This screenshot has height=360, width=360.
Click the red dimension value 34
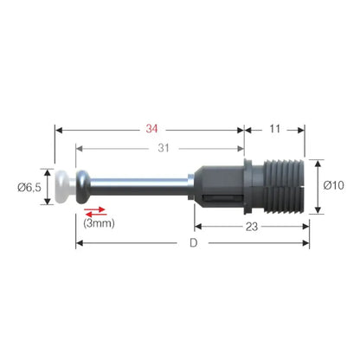151,129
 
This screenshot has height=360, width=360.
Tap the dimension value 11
274,129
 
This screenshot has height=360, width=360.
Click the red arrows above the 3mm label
95,210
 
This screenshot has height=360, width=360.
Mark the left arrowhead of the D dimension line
80,243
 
